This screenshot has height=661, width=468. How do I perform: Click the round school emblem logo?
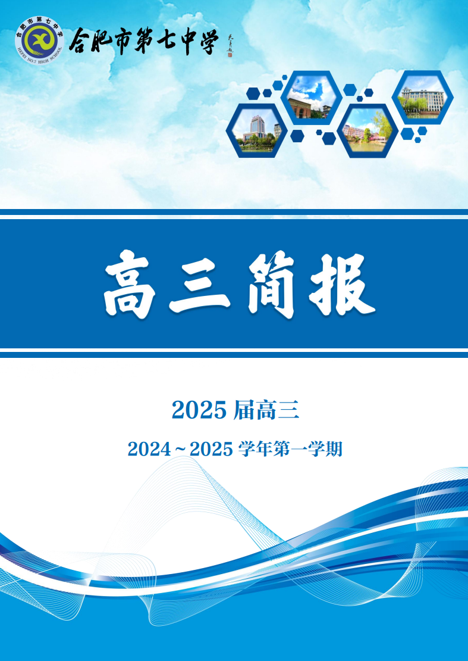[39, 41]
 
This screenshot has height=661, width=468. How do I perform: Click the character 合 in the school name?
[81, 41]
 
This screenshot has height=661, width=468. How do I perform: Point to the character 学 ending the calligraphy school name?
[206, 41]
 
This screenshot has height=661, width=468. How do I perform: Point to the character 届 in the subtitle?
[243, 410]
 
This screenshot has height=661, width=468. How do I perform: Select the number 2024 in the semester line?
[149, 449]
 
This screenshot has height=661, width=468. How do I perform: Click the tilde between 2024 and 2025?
[181, 449]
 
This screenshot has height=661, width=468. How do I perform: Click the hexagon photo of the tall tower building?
[257, 130]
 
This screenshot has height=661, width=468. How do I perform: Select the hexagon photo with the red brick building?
[310, 96]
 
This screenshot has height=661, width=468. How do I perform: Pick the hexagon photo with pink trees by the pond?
[367, 130]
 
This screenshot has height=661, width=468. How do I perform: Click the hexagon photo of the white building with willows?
[422, 97]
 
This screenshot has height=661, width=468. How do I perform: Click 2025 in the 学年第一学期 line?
[211, 449]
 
